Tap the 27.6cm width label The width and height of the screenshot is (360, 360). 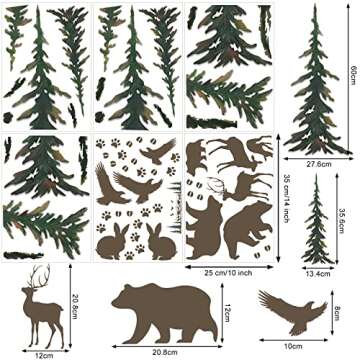(318, 163)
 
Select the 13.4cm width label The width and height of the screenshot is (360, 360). (318, 271)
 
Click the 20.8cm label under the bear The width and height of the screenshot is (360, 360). (165, 352)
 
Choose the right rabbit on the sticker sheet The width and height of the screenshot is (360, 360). (159, 240)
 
